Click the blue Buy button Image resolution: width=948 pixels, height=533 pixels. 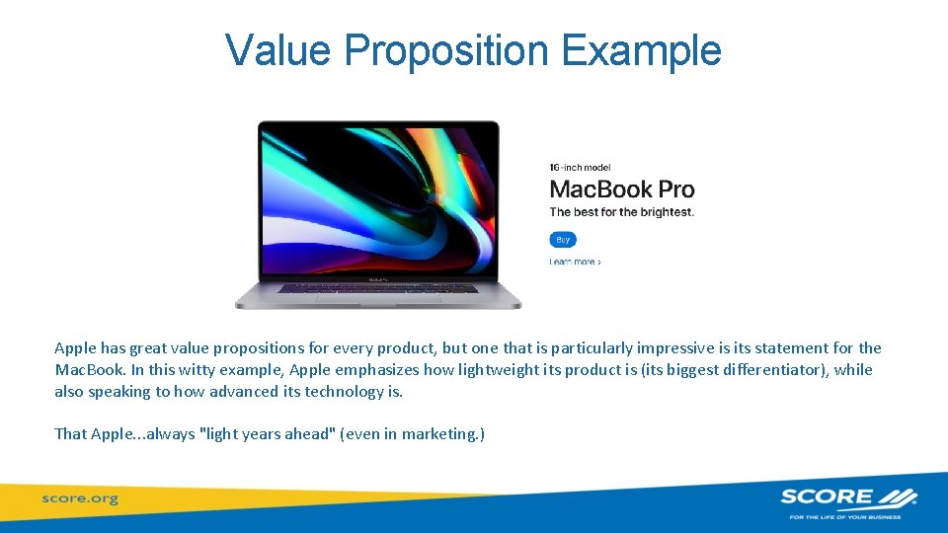563,239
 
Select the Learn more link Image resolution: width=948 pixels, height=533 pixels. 575,262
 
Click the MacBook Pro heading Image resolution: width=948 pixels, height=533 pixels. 621,189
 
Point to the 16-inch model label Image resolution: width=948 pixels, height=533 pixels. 580,167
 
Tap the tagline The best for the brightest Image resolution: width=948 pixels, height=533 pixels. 621,212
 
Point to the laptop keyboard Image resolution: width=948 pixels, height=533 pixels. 377,287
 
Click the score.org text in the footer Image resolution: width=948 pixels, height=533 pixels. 79,498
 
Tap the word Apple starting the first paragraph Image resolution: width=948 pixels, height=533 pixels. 75,348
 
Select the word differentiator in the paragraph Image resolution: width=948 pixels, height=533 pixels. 761,370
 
